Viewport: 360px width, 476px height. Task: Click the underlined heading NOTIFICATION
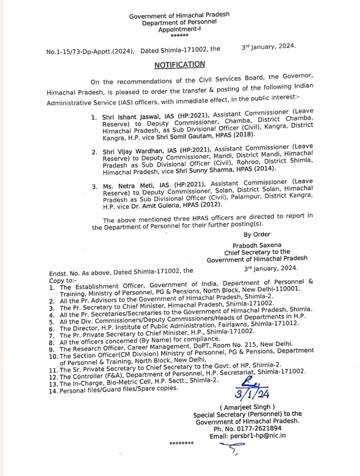point(180,65)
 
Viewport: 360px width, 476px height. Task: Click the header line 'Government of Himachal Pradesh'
point(179,15)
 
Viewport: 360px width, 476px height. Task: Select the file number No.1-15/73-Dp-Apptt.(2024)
point(90,51)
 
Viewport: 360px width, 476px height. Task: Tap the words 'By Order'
point(257,234)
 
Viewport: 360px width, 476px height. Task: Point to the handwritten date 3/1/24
point(252,394)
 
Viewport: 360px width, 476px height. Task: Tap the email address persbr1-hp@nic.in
point(258,436)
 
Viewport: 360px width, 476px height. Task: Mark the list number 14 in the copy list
point(53,391)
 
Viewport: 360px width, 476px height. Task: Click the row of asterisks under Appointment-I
point(180,36)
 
